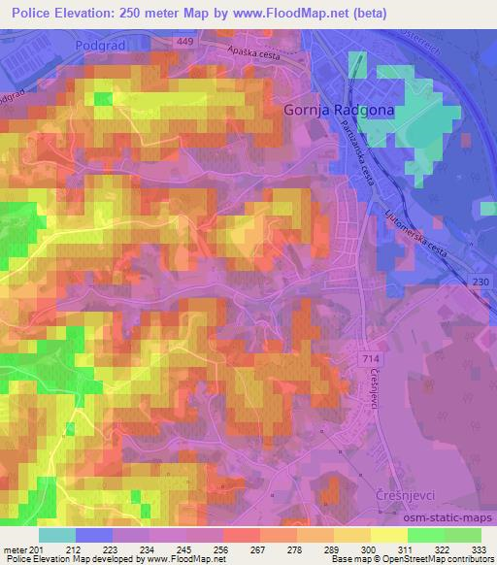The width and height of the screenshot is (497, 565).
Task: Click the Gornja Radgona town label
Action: pyautogui.click(x=338, y=110)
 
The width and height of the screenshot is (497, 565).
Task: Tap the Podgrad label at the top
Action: pyautogui.click(x=101, y=45)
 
